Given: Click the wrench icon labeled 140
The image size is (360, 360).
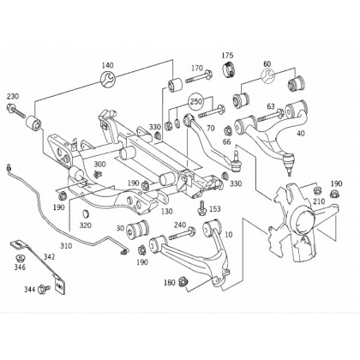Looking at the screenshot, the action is [x=108, y=80].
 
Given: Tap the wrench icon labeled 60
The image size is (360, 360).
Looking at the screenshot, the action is [x=267, y=75].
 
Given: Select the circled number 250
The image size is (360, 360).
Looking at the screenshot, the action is [x=196, y=101].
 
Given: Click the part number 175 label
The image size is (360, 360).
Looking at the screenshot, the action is [x=227, y=55].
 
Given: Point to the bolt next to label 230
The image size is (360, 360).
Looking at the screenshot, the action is [x=15, y=111].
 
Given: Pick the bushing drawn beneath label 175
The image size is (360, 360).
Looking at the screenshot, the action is [x=229, y=69].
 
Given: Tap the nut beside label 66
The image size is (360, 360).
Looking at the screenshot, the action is [x=228, y=130].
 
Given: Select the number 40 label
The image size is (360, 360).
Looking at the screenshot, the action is [x=301, y=133].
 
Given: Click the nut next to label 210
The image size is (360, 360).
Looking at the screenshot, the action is [x=316, y=189].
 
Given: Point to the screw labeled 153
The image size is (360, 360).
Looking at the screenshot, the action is [x=202, y=207].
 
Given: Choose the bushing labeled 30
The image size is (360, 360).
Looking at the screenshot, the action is [x=138, y=228].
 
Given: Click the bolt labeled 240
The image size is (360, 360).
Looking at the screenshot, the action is [x=182, y=233].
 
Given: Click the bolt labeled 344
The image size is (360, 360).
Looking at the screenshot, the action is [x=44, y=288].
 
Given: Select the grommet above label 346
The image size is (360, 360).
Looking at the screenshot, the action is [x=21, y=258].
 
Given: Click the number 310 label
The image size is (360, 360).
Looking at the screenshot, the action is [x=66, y=245].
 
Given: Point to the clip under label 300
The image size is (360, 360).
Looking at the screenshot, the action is [x=99, y=174].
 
